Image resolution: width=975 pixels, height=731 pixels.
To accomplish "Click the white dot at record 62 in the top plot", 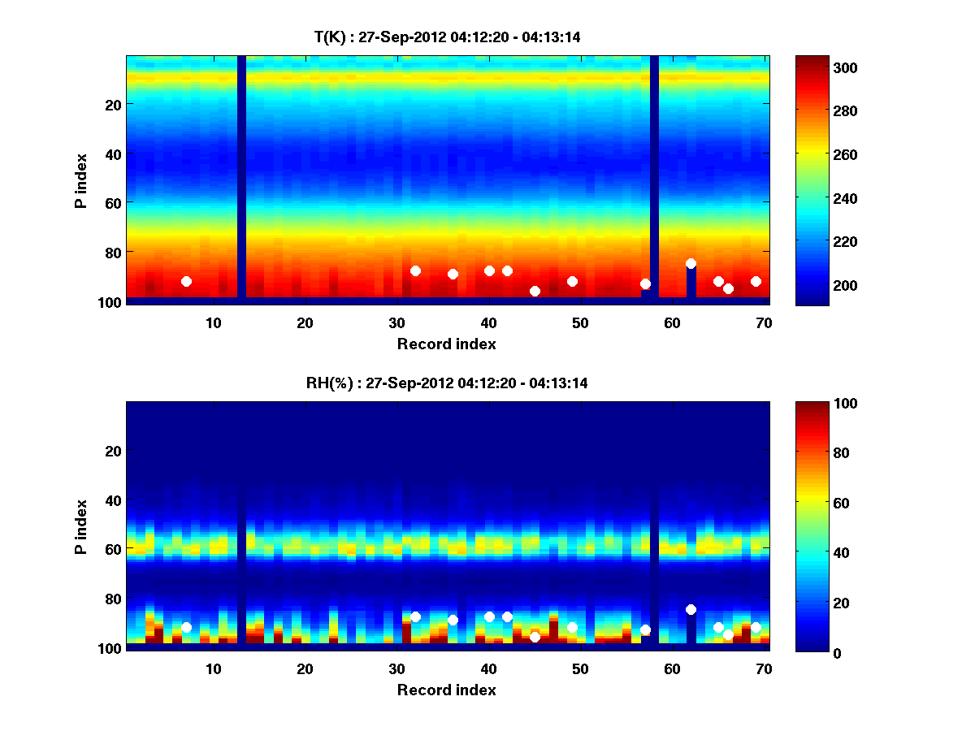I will tap(691, 263).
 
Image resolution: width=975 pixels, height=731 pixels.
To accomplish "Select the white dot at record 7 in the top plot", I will tap(186, 281).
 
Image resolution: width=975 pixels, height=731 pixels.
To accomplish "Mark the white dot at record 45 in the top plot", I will tap(535, 291).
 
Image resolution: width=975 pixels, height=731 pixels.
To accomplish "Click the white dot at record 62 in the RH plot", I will tap(691, 609).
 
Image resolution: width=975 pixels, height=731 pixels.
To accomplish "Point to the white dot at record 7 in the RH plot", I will tap(186, 627).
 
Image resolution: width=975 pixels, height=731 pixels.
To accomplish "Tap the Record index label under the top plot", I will tap(447, 344).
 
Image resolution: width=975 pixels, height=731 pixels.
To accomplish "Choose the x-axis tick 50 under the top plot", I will tap(580, 322).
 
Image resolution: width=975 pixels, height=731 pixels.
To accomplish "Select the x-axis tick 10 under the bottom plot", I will tap(214, 668).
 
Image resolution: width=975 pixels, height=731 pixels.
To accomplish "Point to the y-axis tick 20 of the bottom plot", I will tap(113, 450).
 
